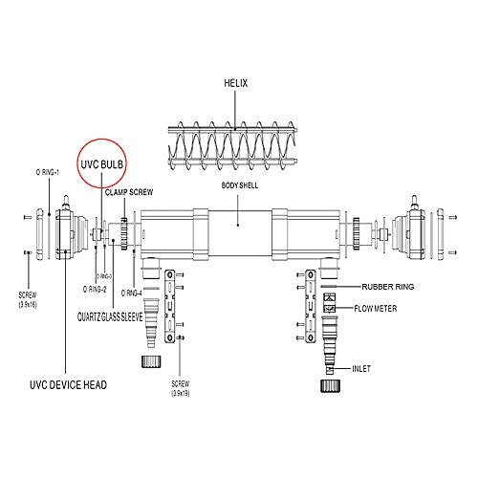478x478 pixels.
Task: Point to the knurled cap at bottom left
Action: click(149, 361)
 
